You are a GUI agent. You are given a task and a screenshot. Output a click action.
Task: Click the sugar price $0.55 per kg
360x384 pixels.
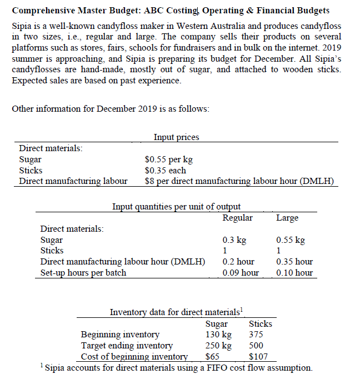(x=169, y=159)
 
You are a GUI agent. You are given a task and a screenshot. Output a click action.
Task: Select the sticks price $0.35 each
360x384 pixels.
(x=165, y=170)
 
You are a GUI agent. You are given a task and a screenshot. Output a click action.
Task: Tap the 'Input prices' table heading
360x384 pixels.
(x=176, y=137)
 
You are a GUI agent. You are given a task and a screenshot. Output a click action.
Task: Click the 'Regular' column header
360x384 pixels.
(x=237, y=218)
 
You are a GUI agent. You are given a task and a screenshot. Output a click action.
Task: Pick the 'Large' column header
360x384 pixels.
(x=287, y=218)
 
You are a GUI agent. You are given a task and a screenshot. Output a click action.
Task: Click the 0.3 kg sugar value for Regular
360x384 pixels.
(x=234, y=240)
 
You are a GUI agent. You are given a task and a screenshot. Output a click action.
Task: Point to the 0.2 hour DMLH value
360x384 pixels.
(x=238, y=261)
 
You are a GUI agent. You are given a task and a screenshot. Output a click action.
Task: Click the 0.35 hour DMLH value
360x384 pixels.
(x=294, y=261)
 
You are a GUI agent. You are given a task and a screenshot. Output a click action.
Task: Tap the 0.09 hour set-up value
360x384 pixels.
(x=240, y=272)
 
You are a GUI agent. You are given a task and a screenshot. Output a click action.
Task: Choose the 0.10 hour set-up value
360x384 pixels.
(x=294, y=272)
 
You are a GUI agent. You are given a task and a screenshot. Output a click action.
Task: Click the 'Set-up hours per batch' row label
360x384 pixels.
(x=83, y=272)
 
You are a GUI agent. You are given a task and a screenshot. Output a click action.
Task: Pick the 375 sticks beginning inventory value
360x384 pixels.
(x=256, y=335)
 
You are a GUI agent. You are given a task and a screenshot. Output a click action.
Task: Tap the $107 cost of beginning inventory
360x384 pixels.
(x=258, y=357)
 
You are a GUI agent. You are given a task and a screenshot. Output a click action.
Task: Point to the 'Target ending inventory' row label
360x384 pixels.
(x=127, y=346)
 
